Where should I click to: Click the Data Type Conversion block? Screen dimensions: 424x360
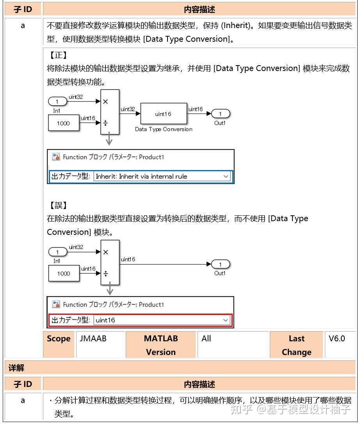pyautogui.click(x=163, y=114)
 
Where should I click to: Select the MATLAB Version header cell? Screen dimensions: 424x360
pyautogui.click(x=160, y=345)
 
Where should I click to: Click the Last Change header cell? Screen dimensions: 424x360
pyautogui.click(x=296, y=345)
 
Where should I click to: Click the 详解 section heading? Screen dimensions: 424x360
pyautogui.click(x=16, y=367)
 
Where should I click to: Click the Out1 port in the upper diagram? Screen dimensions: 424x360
pyautogui.click(x=221, y=114)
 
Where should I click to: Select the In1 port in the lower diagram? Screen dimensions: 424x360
pyautogui.click(x=57, y=252)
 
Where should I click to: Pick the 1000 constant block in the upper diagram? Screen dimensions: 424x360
pyautogui.click(x=63, y=123)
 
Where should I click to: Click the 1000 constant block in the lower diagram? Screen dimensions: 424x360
pyautogui.click(x=63, y=273)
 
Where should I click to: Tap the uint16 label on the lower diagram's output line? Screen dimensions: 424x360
pyautogui.click(x=128, y=259)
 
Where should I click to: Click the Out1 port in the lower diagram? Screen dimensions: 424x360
pyautogui.click(x=221, y=264)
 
